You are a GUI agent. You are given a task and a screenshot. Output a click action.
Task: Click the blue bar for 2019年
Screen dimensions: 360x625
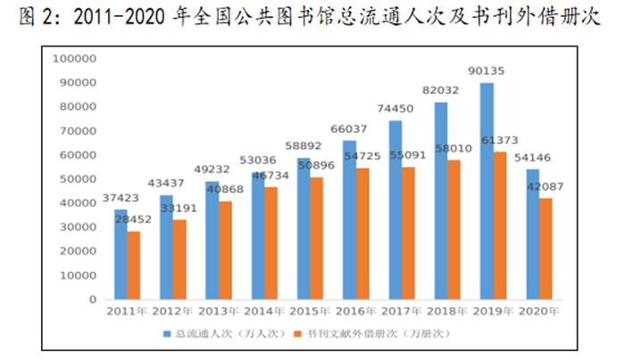point(487,191)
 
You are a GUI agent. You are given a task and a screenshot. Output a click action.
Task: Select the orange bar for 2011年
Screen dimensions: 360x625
point(134,265)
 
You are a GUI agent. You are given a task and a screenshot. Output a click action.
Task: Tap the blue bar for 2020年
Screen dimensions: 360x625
point(532,234)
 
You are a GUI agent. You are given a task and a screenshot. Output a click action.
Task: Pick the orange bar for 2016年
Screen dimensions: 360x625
point(363,233)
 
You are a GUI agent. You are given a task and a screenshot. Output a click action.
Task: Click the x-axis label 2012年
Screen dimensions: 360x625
point(172,311)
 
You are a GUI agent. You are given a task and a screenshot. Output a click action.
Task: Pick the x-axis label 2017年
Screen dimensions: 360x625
point(402,311)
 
